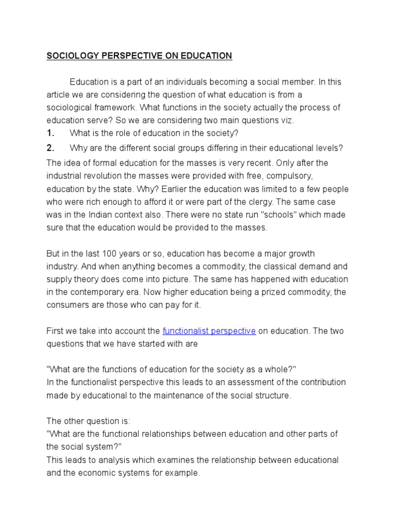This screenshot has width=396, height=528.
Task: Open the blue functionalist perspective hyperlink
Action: coord(209,331)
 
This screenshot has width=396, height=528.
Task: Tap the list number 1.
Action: coord(50,133)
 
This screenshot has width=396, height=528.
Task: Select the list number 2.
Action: coord(50,148)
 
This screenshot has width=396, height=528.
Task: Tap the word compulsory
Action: coord(289,175)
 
